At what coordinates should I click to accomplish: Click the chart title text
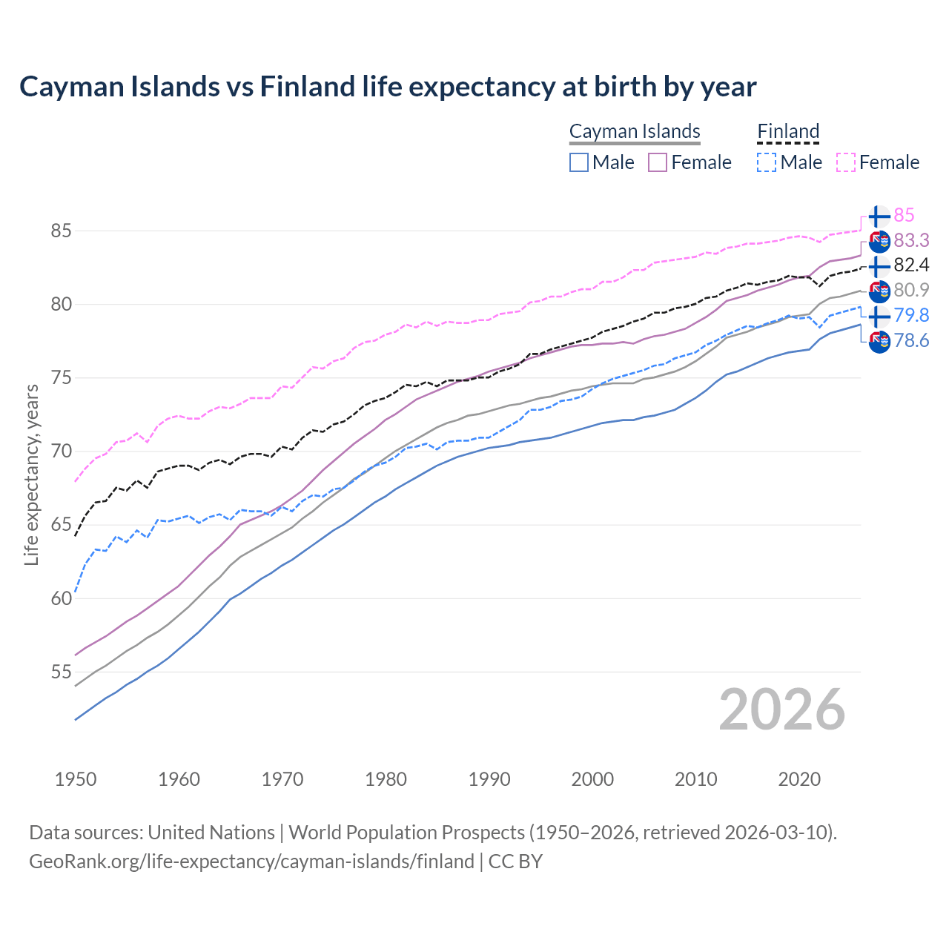[388, 87]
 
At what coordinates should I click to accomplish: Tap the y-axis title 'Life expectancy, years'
[31, 474]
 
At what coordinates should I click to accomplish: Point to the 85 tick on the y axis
[61, 231]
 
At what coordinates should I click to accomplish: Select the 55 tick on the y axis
[61, 672]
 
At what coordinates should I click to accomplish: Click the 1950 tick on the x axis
[76, 779]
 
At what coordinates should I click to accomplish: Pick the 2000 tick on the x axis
[592, 779]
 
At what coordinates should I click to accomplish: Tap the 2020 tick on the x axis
[799, 779]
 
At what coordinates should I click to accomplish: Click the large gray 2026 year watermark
[781, 710]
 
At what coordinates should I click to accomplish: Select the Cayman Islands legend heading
[635, 131]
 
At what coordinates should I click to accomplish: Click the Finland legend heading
[788, 131]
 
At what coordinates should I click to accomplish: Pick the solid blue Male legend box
[579, 162]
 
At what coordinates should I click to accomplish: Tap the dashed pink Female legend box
[845, 162]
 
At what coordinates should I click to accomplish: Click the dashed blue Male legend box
[767, 162]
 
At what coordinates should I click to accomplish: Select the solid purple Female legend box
[658, 162]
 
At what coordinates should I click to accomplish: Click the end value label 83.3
[911, 240]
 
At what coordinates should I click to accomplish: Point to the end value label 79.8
[911, 316]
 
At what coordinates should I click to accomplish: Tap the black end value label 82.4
[911, 265]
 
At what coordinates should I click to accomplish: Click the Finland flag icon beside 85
[879, 216]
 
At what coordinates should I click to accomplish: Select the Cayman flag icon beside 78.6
[879, 343]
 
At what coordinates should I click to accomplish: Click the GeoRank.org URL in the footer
[251, 862]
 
